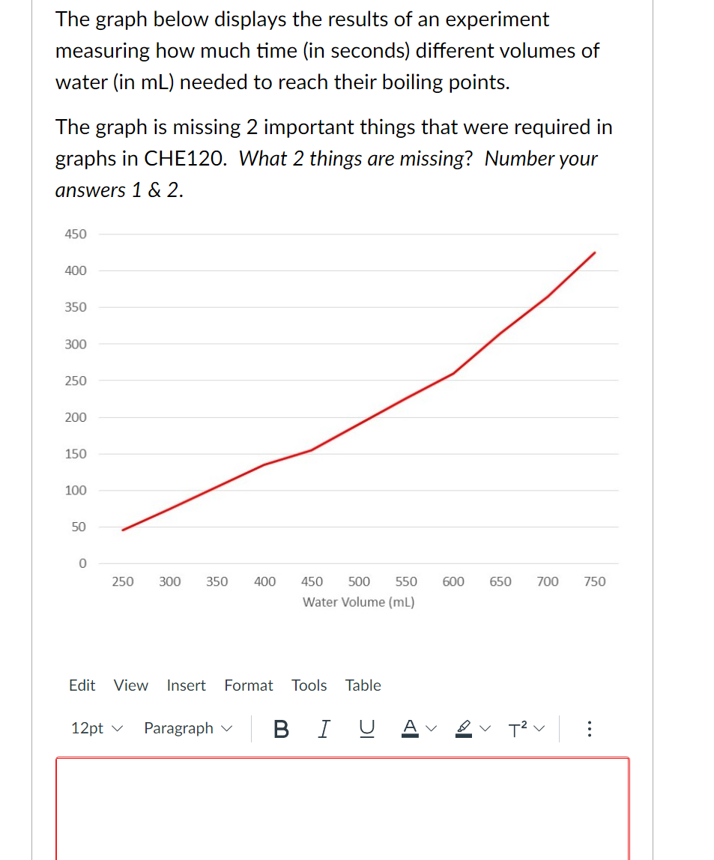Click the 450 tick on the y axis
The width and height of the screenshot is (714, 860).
pos(76,234)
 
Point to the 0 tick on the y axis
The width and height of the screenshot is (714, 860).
pos(82,563)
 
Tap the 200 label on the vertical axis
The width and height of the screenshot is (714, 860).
pos(76,417)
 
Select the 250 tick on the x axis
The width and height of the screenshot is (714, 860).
pos(123,581)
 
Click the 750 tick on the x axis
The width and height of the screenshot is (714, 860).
pos(594,581)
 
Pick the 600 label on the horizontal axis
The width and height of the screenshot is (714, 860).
pos(453,581)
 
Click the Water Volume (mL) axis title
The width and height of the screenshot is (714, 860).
pos(359,602)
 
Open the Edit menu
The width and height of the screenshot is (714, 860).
pos(82,685)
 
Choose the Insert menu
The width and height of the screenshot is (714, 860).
pos(186,685)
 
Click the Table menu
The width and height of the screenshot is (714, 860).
pos(363,685)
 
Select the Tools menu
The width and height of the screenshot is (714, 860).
pos(309,685)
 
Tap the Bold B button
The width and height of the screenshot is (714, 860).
pos(281,729)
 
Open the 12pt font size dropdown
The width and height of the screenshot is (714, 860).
pos(96,729)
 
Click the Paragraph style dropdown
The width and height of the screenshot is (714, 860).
pos(188,729)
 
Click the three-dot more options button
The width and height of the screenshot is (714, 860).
pos(590,729)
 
